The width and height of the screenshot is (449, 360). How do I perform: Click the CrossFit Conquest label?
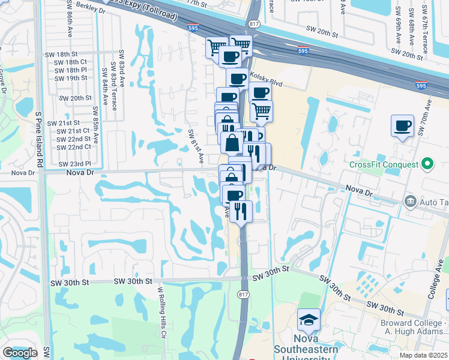(383, 164)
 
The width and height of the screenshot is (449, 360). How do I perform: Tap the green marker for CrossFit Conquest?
(427, 163)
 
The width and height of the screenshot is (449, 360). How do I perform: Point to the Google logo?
(20, 353)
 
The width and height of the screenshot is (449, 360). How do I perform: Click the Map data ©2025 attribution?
(424, 355)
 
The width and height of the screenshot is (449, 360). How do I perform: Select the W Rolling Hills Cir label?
(161, 312)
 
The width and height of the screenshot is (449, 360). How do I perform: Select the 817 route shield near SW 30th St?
(243, 293)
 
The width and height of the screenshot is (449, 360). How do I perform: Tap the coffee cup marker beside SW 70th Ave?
(402, 126)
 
